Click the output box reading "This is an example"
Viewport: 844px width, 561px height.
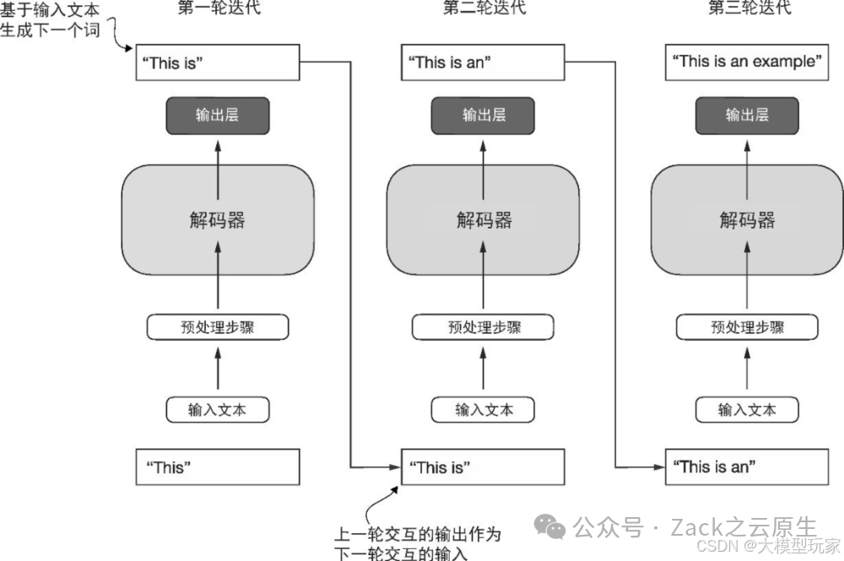coord(746,62)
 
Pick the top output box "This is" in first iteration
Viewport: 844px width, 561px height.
coord(218,62)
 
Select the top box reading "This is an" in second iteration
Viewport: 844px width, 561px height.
coord(482,62)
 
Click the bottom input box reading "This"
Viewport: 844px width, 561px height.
coord(218,467)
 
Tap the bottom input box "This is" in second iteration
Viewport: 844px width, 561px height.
coord(482,467)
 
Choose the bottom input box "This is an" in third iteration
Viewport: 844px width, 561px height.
coord(746,467)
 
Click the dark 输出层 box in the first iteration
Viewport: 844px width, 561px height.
coord(218,116)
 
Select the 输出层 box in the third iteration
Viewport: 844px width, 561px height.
coord(746,116)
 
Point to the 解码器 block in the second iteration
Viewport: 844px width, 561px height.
coord(484,220)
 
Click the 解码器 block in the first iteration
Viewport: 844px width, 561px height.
coord(218,220)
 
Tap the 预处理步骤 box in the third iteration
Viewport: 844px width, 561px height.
coord(747,327)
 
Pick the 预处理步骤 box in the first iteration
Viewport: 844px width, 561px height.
coord(218,327)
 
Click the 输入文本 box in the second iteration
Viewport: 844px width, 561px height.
coord(484,410)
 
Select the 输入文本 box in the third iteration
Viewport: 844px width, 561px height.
coord(747,410)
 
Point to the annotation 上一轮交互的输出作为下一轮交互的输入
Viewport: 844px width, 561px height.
coord(418,543)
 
